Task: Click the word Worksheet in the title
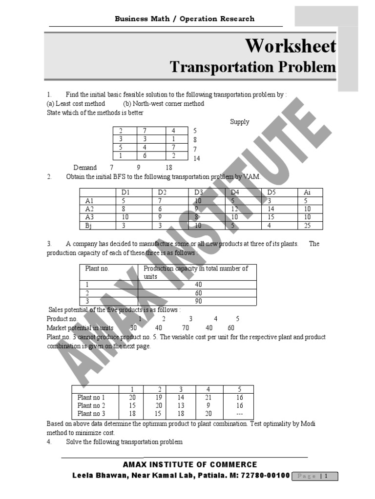290,46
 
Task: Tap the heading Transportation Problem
252,67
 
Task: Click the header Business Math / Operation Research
184,19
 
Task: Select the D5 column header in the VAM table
271,192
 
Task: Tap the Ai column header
307,192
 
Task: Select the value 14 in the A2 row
271,209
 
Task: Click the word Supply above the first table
240,122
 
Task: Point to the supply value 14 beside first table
197,158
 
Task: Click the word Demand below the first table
85,168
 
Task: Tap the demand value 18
169,168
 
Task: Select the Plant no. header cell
97,269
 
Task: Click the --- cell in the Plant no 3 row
239,414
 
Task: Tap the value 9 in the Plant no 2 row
209,405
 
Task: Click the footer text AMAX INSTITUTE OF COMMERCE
190,464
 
